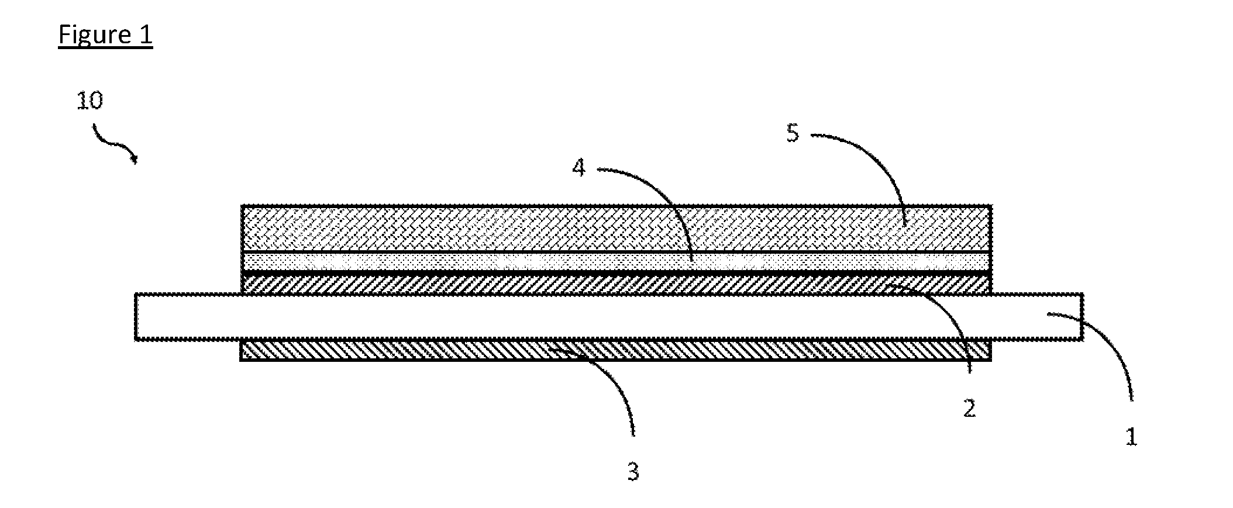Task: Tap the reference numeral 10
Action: coord(90,101)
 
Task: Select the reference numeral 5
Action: coord(792,133)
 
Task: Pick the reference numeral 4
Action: coord(578,168)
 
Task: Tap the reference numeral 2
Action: coord(969,409)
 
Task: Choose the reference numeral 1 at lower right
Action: coord(1131,437)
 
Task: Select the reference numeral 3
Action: coord(633,472)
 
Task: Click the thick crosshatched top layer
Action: coord(616,229)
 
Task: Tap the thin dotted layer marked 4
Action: coord(616,262)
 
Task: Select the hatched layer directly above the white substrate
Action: coord(616,284)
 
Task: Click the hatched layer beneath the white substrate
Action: coord(616,350)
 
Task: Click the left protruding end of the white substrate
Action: coord(188,316)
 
